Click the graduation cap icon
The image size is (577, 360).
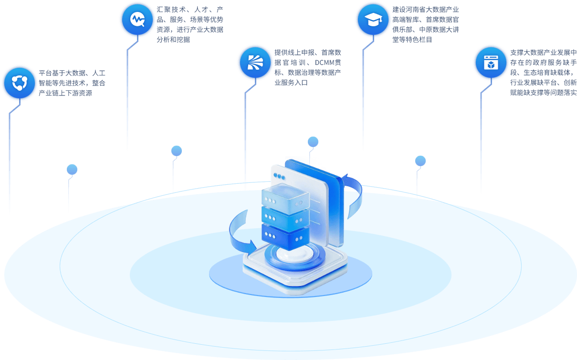[x=373, y=20]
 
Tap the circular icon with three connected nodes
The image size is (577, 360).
[x=19, y=83]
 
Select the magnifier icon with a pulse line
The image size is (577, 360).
[x=137, y=19]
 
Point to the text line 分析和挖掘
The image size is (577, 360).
[x=173, y=40]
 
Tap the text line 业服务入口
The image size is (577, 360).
[x=291, y=83]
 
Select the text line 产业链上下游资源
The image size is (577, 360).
[x=65, y=93]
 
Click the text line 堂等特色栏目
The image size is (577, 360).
[x=412, y=40]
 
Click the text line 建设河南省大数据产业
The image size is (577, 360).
[x=426, y=10]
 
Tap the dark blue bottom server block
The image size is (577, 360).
[x=285, y=235]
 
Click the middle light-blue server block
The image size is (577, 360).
[x=285, y=216]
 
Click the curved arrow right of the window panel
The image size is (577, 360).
[x=353, y=196]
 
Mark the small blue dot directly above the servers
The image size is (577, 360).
[x=313, y=142]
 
